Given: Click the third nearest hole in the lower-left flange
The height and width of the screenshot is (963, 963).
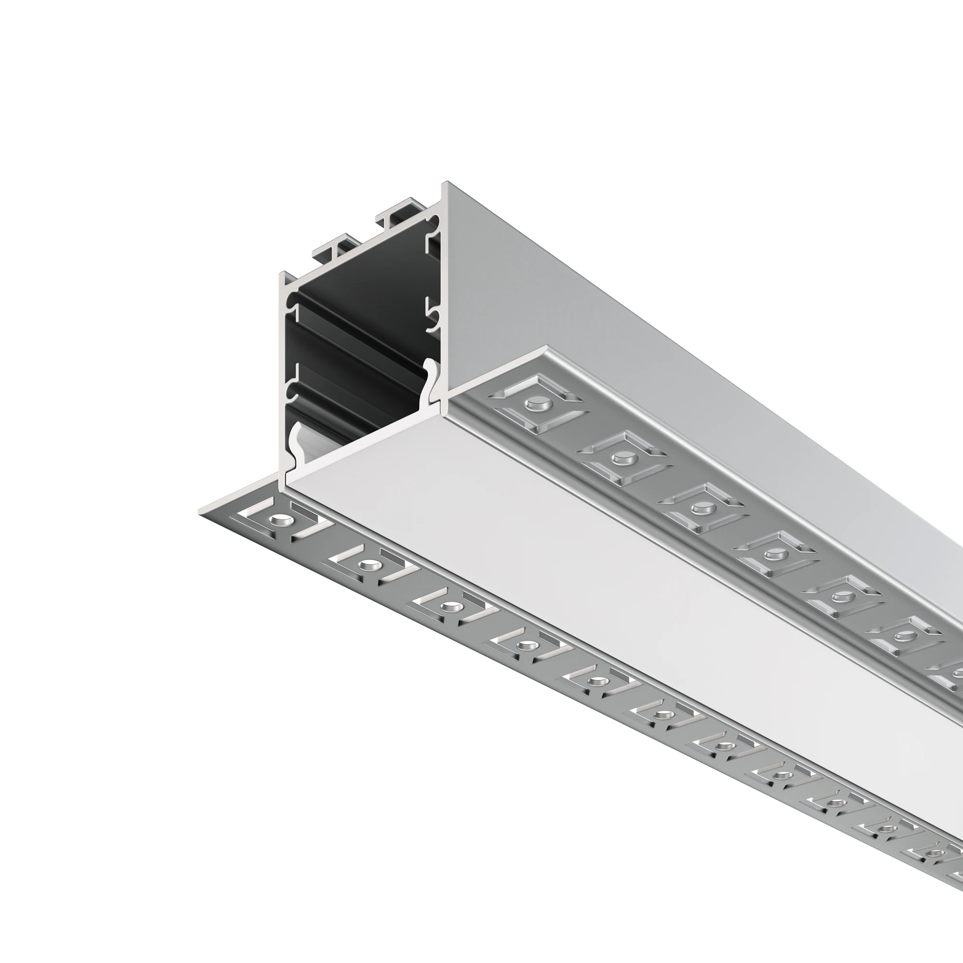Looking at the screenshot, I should tap(449, 607).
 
